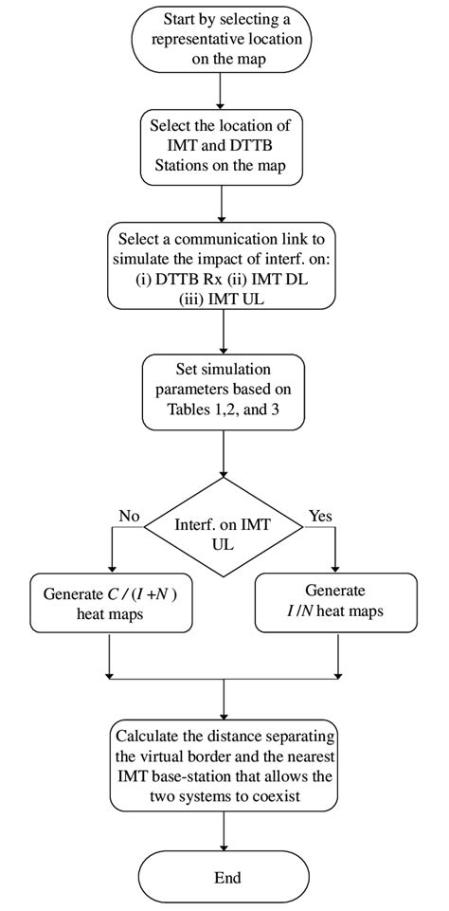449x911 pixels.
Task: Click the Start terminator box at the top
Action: (219, 38)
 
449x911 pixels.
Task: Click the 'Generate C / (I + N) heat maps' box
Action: (111, 603)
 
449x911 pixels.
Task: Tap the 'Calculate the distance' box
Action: (224, 765)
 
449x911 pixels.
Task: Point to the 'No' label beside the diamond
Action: (129, 517)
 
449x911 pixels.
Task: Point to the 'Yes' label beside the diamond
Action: (320, 517)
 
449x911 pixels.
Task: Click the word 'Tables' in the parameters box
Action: (188, 411)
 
